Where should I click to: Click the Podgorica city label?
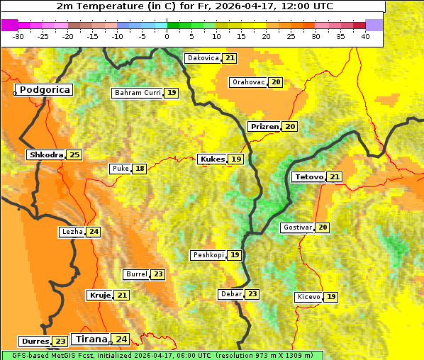[x=44, y=90]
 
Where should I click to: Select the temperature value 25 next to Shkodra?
[x=75, y=154]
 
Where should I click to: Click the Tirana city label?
[x=91, y=339]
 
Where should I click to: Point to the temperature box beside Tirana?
[x=122, y=339]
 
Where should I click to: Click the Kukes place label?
[x=212, y=159]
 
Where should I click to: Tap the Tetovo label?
[x=308, y=176]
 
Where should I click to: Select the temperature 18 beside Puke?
[x=140, y=169]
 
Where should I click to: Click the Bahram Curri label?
[x=138, y=93]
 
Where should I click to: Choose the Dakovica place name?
[x=203, y=58]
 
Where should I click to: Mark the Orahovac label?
[x=248, y=82]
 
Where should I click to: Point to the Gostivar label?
[x=296, y=227]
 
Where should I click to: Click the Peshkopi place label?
[x=208, y=255]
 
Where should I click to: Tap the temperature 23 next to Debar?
[x=252, y=294]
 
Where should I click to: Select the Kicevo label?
[x=308, y=297]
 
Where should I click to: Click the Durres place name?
[x=35, y=342]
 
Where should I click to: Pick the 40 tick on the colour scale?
[x=365, y=36]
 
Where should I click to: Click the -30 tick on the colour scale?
[x=18, y=36]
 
